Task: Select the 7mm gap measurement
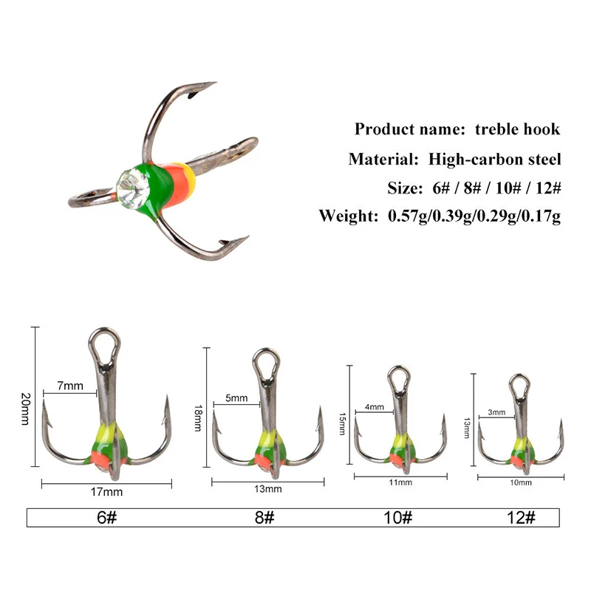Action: tap(69, 386)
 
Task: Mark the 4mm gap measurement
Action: tap(375, 407)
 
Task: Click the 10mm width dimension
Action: tap(521, 482)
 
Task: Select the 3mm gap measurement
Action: tap(496, 412)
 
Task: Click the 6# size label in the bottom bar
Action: tap(106, 517)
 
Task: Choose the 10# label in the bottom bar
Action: tap(398, 517)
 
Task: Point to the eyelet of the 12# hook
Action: tap(519, 386)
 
